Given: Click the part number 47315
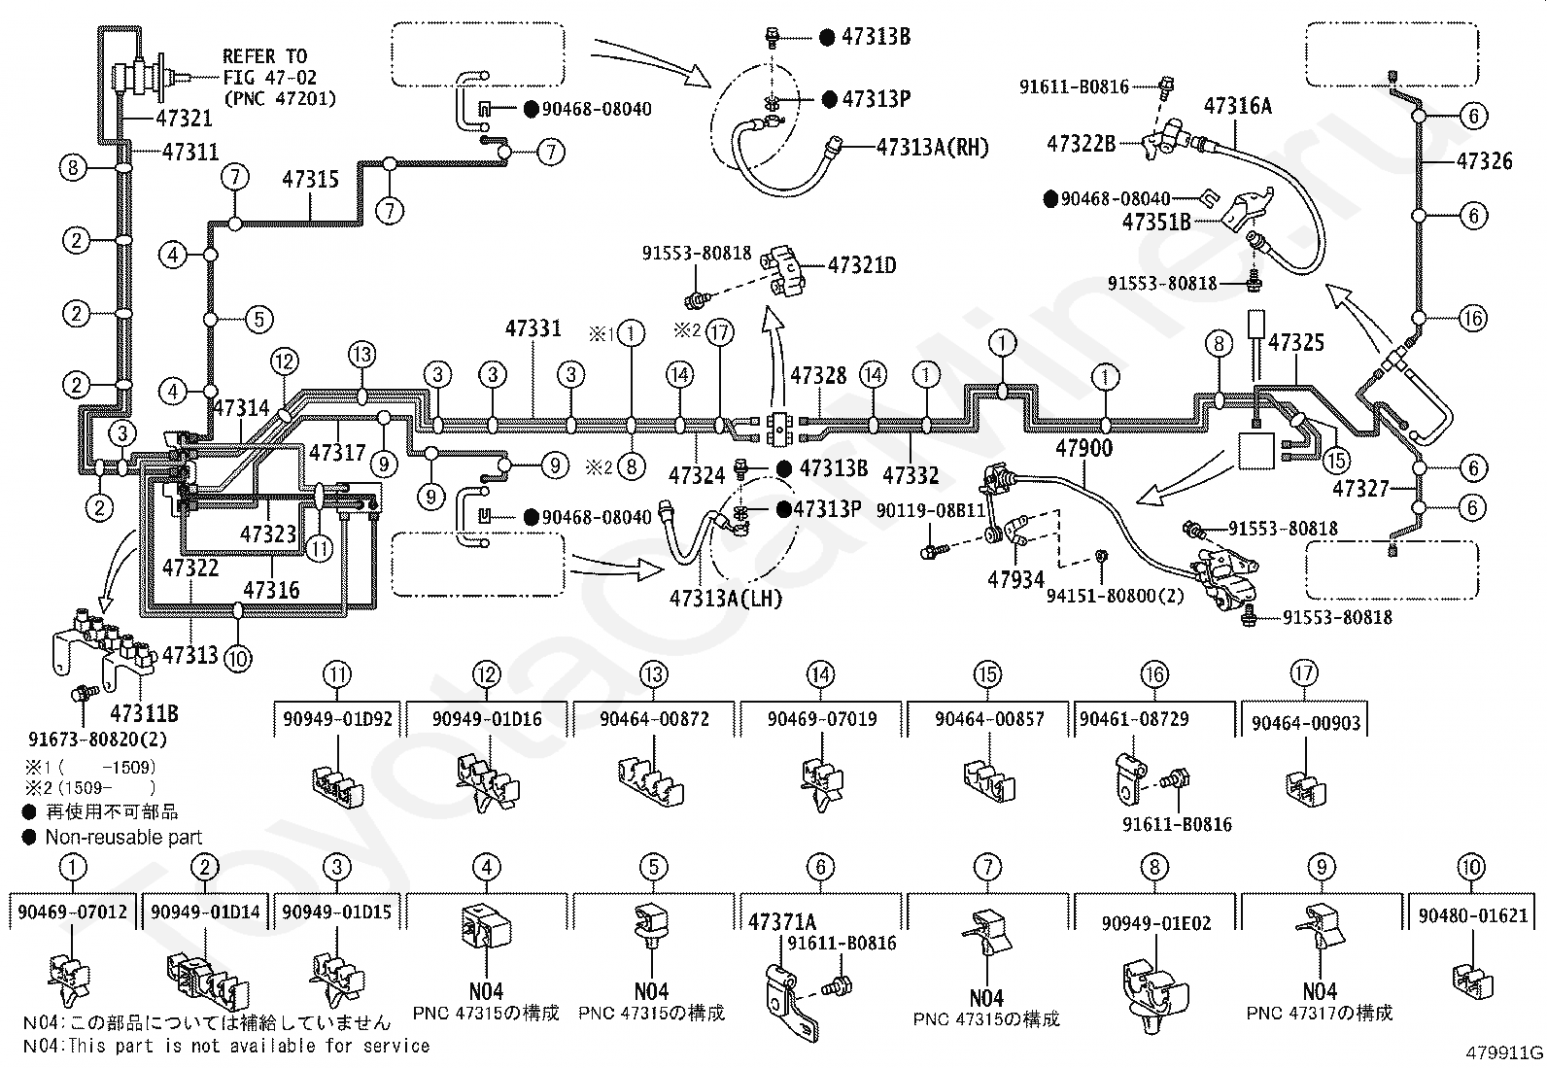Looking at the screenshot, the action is [x=310, y=180].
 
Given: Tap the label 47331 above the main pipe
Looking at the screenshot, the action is [x=533, y=328].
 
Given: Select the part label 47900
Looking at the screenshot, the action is [x=1083, y=448].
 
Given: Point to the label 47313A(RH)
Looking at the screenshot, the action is [x=932, y=147].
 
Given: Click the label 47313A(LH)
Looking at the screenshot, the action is [x=725, y=599].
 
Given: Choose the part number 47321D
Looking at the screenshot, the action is [x=862, y=265].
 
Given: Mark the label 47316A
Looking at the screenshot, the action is [x=1238, y=106].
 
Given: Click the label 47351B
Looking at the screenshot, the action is [x=1156, y=222].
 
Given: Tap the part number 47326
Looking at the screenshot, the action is [x=1485, y=161].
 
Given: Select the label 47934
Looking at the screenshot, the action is [x=1015, y=579].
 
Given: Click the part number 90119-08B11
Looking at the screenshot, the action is [x=930, y=510].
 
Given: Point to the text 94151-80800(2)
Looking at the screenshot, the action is [x=1115, y=596].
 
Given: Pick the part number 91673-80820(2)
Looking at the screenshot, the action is [x=97, y=740].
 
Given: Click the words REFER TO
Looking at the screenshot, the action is [x=264, y=56].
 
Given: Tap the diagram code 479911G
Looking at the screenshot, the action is [x=1504, y=1052].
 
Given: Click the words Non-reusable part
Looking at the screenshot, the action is [x=123, y=838].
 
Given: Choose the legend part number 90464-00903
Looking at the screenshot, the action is [x=1306, y=723].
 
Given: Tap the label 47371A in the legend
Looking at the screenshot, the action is [x=782, y=922].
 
